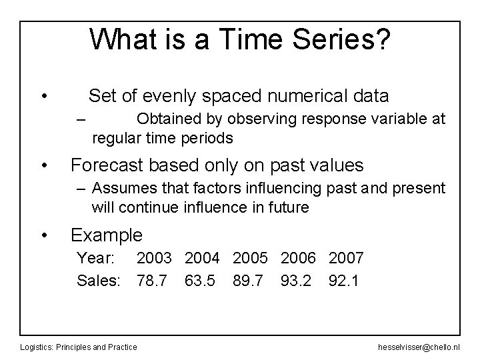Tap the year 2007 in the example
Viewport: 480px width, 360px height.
(x=345, y=258)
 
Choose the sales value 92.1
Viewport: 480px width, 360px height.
(x=344, y=281)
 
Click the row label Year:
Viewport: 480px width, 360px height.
(x=97, y=258)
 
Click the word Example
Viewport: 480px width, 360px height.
(x=107, y=235)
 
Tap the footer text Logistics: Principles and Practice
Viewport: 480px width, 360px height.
(x=79, y=347)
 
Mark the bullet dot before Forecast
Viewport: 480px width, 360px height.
(x=44, y=165)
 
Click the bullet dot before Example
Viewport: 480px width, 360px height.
(x=44, y=235)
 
